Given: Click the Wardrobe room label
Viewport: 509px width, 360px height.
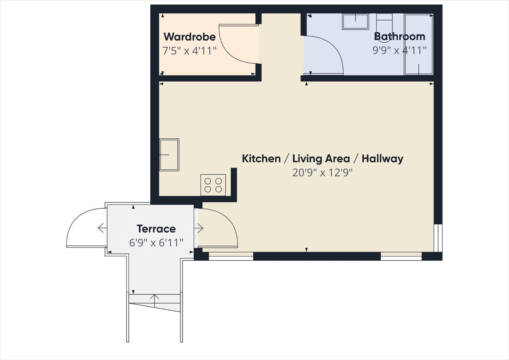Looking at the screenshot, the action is click(x=190, y=37).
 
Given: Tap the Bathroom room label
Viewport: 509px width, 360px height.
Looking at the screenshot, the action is click(x=400, y=36).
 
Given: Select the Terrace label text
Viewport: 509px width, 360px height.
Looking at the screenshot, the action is click(x=156, y=229).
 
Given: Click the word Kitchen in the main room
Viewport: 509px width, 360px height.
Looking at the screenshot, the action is click(x=261, y=159).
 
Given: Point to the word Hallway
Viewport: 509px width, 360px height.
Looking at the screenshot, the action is click(x=383, y=159).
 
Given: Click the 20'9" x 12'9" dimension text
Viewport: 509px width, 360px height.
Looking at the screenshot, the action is click(x=322, y=173).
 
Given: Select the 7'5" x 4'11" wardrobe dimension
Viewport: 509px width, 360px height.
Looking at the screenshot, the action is click(x=189, y=51).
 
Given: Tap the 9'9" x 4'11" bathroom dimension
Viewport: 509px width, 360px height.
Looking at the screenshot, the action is click(x=400, y=50).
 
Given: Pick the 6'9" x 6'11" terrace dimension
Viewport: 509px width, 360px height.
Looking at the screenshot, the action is click(x=156, y=243).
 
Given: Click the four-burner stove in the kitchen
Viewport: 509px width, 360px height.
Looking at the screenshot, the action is click(x=213, y=185).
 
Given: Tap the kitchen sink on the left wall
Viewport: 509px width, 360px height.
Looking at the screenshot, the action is click(x=169, y=155).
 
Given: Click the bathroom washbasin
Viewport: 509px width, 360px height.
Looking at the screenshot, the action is click(x=356, y=21).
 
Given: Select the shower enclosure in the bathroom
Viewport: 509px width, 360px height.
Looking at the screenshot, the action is click(x=419, y=44).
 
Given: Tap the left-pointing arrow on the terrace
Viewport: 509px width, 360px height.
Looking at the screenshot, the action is click(x=103, y=228).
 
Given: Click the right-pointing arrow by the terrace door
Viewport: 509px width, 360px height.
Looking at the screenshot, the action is click(x=198, y=228).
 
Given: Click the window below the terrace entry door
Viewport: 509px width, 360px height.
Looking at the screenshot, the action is click(x=231, y=256).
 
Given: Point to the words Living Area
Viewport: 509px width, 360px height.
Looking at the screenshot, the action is click(x=321, y=159).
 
